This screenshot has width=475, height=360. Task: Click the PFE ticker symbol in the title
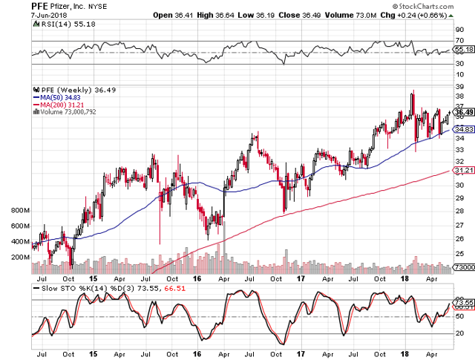(x=42, y=6)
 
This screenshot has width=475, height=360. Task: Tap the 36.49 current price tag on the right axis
(x=463, y=112)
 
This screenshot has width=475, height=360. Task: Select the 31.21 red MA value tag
(x=463, y=171)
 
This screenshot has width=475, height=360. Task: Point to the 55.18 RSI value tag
(x=463, y=49)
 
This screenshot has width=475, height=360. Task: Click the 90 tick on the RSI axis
(x=459, y=29)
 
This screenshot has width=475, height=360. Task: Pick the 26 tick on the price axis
(x=459, y=238)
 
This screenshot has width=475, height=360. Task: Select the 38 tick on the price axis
(x=459, y=95)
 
